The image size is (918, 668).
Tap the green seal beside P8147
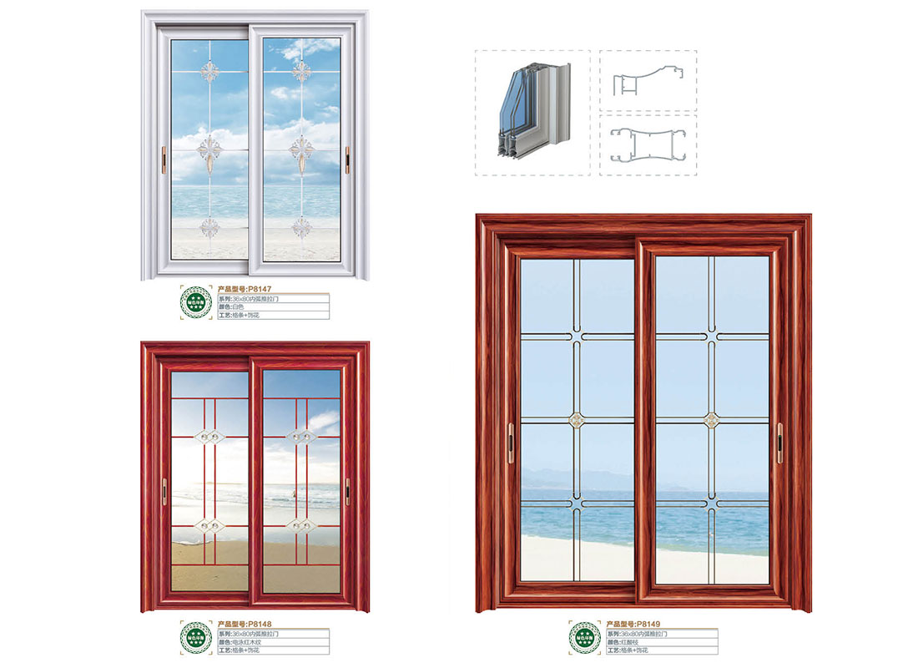[197, 303]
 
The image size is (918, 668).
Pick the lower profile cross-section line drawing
[648, 144]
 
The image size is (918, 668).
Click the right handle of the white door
[347, 155]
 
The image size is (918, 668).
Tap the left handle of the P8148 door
[164, 491]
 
